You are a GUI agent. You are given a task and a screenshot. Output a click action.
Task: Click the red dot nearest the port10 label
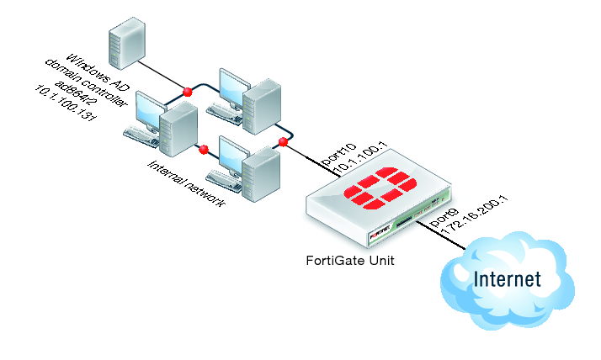tap(284, 143)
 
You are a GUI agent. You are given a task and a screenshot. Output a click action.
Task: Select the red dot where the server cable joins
tap(188, 90)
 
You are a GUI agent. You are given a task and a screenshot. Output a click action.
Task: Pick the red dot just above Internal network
tap(202, 151)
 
